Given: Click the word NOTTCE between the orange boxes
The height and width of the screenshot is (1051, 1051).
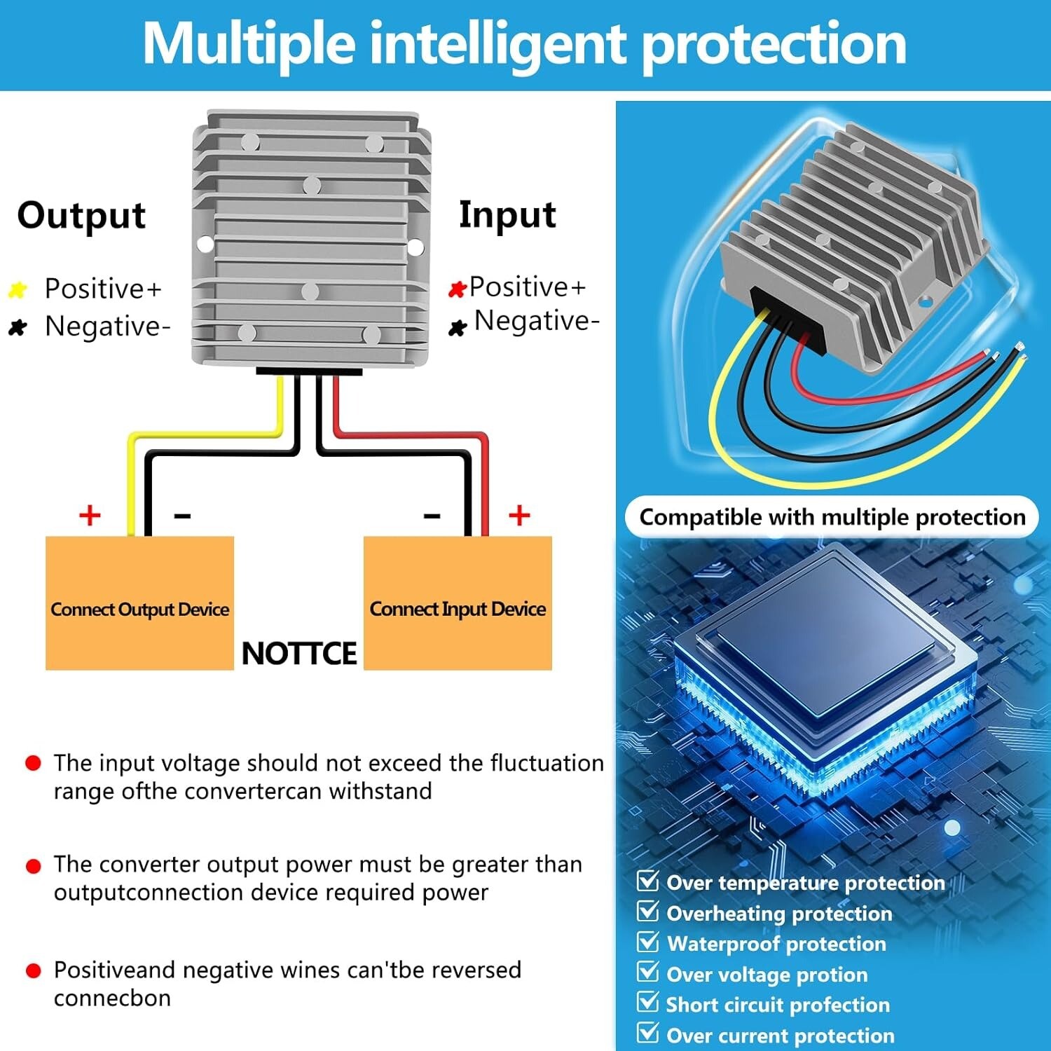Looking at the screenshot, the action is click(299, 653).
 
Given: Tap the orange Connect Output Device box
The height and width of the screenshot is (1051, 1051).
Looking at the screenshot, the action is click(139, 603).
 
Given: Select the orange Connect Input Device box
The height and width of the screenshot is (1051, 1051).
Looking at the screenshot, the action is click(458, 603).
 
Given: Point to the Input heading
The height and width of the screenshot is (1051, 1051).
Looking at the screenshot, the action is click(507, 215).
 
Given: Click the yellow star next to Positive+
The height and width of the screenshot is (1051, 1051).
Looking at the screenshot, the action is click(18, 289).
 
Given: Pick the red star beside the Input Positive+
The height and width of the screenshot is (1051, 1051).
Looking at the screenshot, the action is click(457, 289).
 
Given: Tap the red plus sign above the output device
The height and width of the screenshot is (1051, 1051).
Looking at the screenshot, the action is click(90, 515).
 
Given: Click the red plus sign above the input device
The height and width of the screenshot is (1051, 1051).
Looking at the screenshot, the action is click(519, 515).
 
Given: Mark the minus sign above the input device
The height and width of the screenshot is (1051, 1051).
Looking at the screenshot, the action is click(432, 516).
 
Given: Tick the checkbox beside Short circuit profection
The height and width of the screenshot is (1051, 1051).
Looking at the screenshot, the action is click(648, 1002).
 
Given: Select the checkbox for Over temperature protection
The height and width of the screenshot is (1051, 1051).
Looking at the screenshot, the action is click(648, 880).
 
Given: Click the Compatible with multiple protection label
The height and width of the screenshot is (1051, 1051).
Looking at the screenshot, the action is click(832, 517).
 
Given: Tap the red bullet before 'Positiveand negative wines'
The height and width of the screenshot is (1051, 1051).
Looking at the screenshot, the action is click(33, 970).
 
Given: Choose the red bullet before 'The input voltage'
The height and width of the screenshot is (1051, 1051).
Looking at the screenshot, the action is click(33, 763).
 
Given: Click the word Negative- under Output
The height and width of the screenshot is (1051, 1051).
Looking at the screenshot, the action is click(108, 327).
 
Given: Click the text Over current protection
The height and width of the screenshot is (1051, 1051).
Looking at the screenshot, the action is click(781, 1036).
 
